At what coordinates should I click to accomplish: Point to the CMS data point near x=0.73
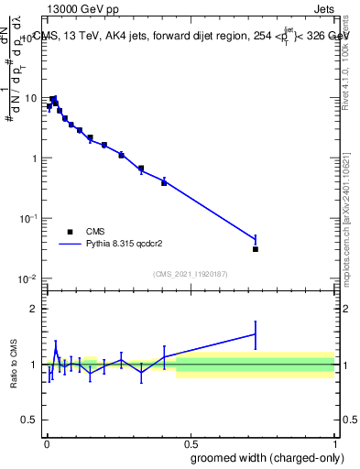coord(256,249)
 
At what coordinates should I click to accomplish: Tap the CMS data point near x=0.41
coord(164,183)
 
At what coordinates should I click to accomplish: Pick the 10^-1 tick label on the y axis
coord(30,218)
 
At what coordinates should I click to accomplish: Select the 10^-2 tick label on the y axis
coord(30,278)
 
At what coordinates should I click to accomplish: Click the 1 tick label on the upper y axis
coord(36,158)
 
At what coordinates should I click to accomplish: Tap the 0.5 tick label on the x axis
coord(190,444)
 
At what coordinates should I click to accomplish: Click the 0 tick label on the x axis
coord(46,444)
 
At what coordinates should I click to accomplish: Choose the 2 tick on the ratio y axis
coord(36,309)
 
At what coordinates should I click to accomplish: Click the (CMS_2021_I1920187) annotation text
coord(190,274)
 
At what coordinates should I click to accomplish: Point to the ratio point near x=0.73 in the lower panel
coord(256,334)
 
